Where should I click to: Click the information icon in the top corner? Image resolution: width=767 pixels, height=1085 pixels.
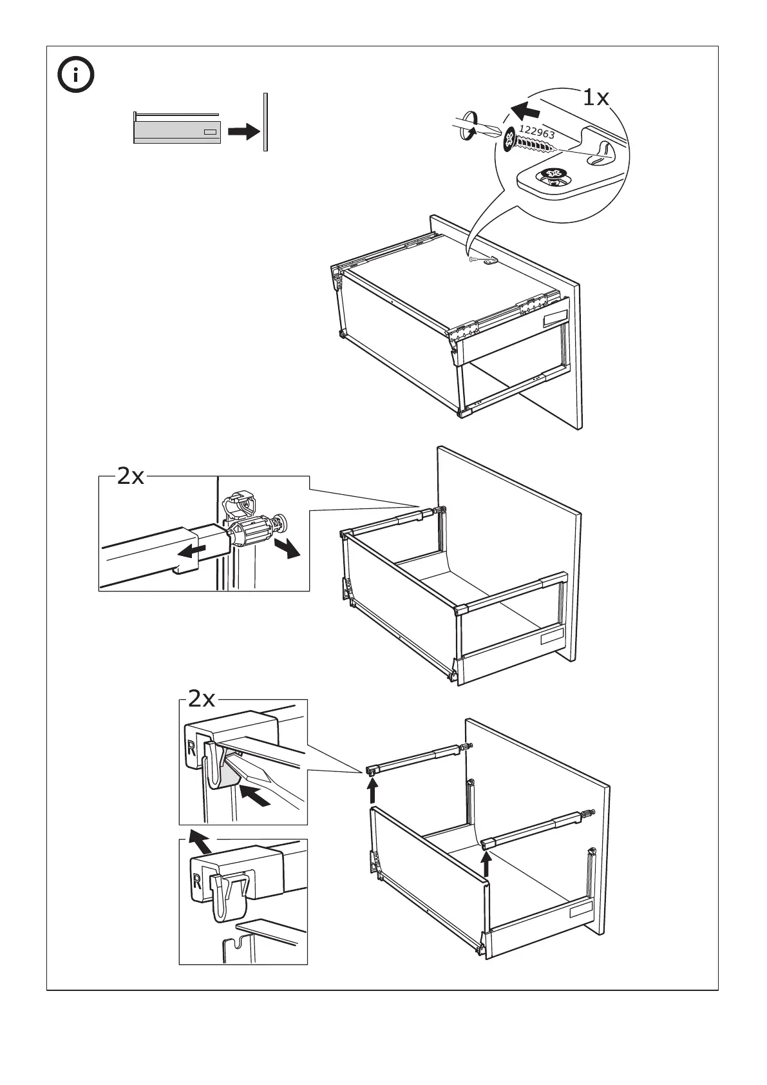(75, 76)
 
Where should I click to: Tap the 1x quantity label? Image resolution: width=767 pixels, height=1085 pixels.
(595, 98)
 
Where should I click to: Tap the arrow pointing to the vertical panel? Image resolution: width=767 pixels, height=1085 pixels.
(243, 131)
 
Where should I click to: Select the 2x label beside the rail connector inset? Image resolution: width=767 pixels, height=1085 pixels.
(131, 477)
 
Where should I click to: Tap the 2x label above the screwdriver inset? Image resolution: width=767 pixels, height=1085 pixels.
(202, 698)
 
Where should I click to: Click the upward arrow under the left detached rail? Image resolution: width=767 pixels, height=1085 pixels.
(372, 791)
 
